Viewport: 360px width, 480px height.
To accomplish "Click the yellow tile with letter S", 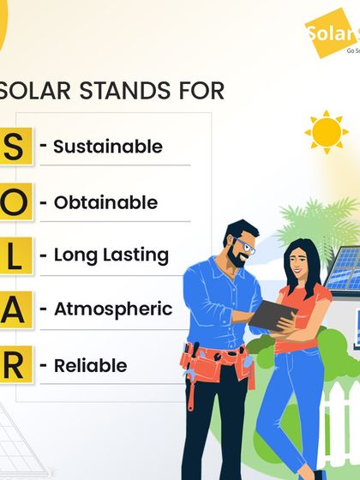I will pos(15,147).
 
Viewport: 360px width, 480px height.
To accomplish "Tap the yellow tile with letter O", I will pos(15,203).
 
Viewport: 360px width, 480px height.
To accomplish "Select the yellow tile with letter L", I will pos(15,255).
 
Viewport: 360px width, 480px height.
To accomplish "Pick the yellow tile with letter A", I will pos(15,309).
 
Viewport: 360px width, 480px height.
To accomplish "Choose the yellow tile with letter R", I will pos(15,366).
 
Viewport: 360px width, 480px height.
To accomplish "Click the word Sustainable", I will pos(107,147).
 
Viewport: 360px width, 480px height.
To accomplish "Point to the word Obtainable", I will pos(105,203).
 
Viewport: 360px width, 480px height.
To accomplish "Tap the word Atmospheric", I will pos(113,309).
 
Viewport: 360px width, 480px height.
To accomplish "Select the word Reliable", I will pos(90,366).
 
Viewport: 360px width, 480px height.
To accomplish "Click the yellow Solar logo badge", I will pos(334,34).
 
